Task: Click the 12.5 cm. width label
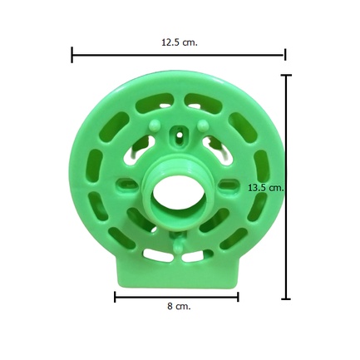pos(180,42)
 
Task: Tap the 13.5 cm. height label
pos(266,188)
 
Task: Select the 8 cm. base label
pos(179,306)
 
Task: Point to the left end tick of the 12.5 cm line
pos(72,55)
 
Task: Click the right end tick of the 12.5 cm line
pos(285,55)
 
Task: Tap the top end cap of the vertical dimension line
pos(286,75)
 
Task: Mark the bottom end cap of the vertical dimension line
pos(286,299)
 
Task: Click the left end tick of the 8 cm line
pos(115,297)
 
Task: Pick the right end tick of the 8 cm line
pos(238,297)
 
